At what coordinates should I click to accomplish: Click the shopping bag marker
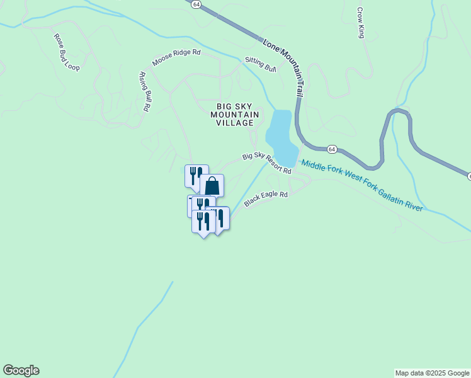coord(212,186)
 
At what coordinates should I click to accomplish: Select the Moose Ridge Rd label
coord(176,57)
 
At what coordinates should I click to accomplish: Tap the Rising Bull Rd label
coord(144,91)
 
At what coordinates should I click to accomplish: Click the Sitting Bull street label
coord(261,64)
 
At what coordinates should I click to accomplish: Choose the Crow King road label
coord(361,23)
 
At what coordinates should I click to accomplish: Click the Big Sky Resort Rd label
coord(267,163)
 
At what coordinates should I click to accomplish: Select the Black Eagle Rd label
coord(266,199)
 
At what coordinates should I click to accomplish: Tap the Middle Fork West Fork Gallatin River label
coord(361,185)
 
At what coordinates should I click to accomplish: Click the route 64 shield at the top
coord(197,4)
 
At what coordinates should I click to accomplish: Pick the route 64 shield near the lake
coord(332,149)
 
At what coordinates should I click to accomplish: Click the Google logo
coord(21,370)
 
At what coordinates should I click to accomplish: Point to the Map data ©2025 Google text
coord(432,373)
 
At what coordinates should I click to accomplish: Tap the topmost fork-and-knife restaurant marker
coord(196,175)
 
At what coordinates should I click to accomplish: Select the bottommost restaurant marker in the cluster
coord(203,222)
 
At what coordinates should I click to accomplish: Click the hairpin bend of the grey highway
coord(397,113)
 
